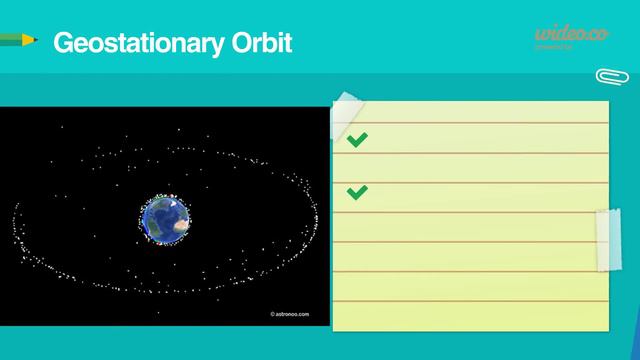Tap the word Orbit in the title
[261, 44]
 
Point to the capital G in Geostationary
[62, 44]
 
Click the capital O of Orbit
[238, 44]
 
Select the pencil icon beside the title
[18, 39]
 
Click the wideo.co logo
[571, 35]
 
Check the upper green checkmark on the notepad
[357, 141]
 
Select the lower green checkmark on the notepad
[357, 191]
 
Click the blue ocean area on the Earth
[156, 216]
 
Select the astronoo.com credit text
[290, 314]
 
